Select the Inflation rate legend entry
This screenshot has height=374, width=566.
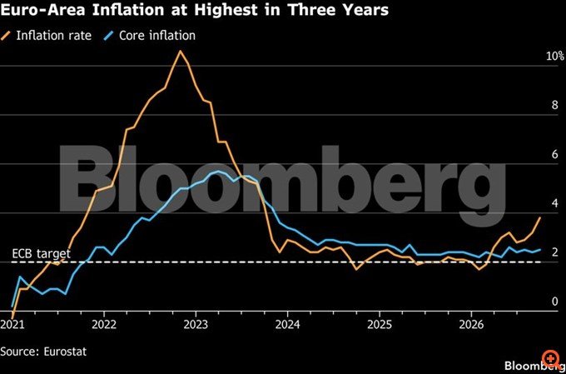point(47,36)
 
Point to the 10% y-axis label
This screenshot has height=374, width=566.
point(555,56)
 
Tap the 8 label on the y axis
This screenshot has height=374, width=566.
point(554,105)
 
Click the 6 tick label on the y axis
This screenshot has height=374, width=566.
point(554,154)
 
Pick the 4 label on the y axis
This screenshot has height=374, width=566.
point(554,203)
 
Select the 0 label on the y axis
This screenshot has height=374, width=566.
point(554,301)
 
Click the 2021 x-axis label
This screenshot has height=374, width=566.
point(12,325)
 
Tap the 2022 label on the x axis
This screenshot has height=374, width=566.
point(104,325)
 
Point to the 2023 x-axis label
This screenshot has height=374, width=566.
point(196,325)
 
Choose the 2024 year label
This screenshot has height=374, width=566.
point(288,325)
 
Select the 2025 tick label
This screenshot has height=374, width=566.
point(380,325)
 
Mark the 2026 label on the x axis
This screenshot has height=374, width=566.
point(471,325)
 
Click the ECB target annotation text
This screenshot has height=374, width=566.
point(41,254)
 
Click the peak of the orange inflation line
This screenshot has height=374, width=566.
point(180,51)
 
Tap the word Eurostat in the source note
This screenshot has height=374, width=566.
point(65,352)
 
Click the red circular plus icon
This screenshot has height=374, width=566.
point(550,358)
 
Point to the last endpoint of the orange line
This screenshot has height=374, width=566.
point(540,217)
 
